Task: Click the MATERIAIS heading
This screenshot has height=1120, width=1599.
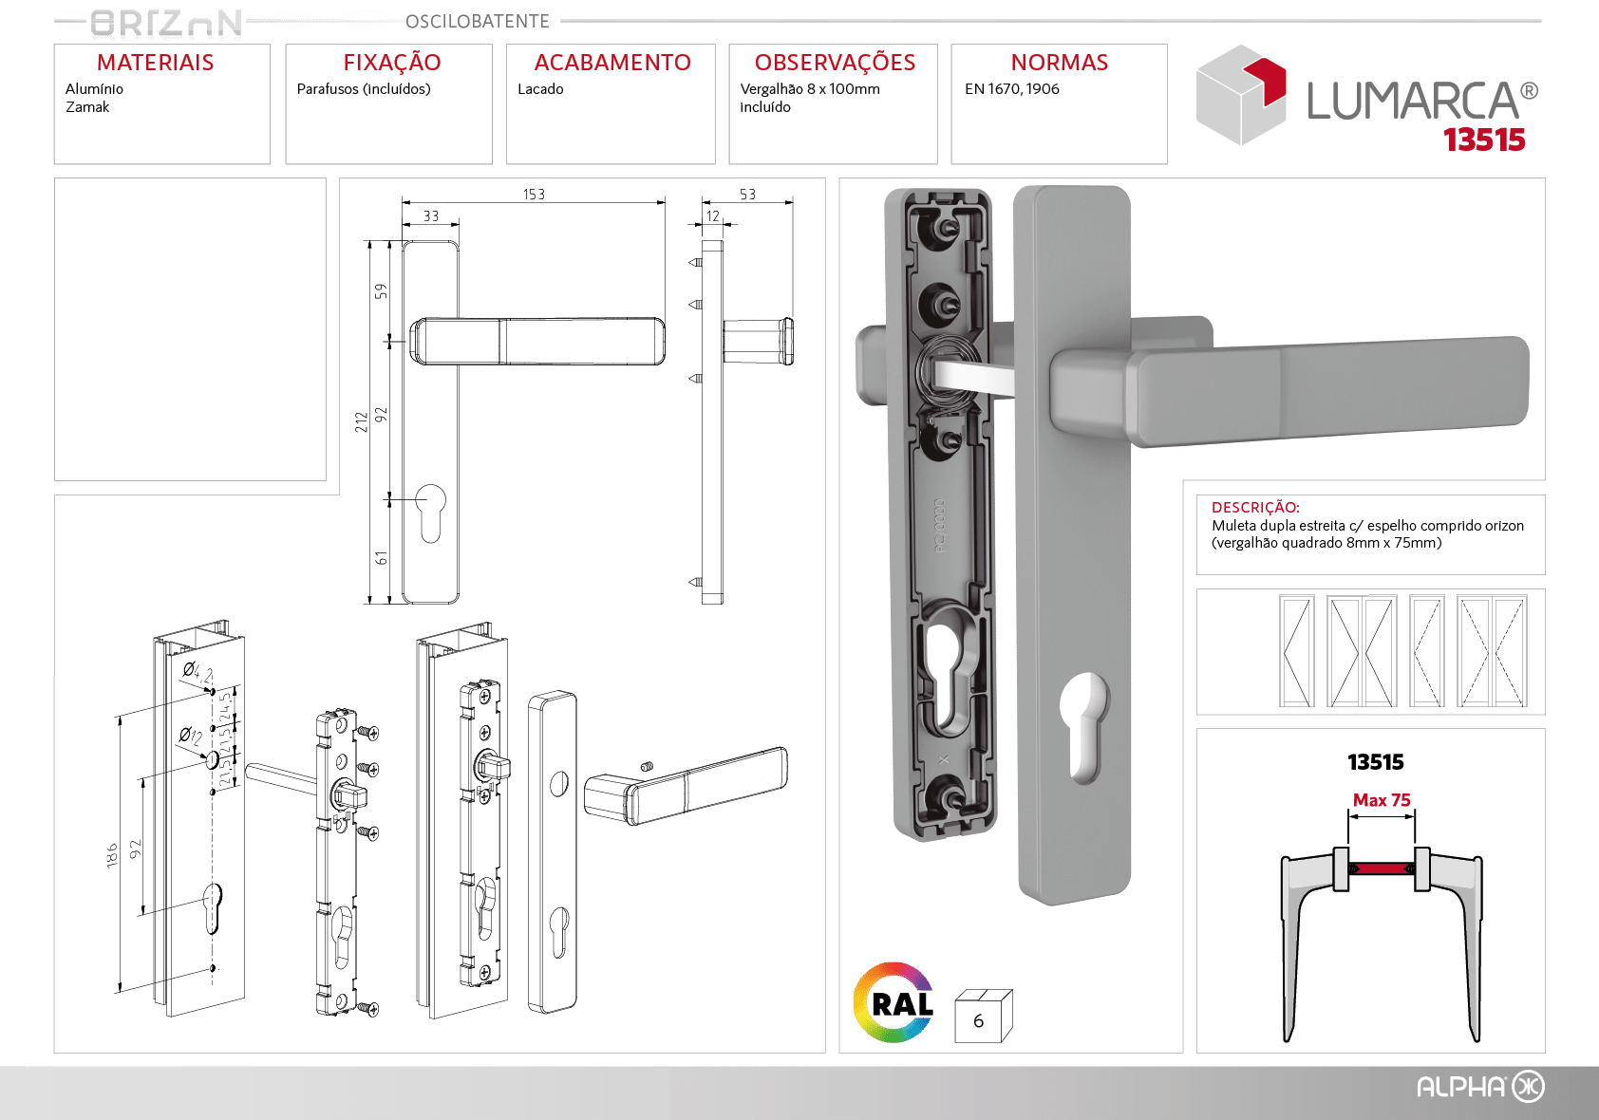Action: click(x=155, y=63)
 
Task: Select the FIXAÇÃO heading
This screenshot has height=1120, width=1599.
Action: click(x=392, y=62)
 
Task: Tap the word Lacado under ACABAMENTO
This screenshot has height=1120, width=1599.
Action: click(x=540, y=89)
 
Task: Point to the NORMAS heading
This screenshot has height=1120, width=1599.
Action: click(x=1060, y=63)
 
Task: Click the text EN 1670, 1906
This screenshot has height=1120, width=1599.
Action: click(x=1011, y=89)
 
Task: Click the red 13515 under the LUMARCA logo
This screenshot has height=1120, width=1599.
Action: click(x=1484, y=140)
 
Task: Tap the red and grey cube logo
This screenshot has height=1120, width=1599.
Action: click(x=1241, y=95)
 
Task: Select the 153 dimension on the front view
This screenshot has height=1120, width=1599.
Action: click(x=534, y=194)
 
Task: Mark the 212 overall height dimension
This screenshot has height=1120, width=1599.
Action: click(x=361, y=421)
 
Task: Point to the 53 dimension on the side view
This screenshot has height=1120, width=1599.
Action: click(x=747, y=194)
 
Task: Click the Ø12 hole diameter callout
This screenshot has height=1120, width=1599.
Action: click(x=191, y=735)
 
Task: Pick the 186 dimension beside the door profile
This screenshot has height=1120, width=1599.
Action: click(x=111, y=855)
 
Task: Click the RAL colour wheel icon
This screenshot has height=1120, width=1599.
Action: click(x=894, y=1002)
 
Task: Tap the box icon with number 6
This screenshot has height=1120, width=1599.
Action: click(x=983, y=1016)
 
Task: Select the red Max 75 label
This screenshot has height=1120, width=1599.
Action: click(x=1382, y=800)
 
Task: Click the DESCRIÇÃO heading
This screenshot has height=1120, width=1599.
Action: click(x=1255, y=507)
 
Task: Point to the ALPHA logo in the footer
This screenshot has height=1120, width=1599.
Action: click(x=1480, y=1087)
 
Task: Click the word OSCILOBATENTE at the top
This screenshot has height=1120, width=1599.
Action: click(x=477, y=22)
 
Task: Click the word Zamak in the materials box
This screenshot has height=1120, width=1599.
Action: click(x=87, y=107)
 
